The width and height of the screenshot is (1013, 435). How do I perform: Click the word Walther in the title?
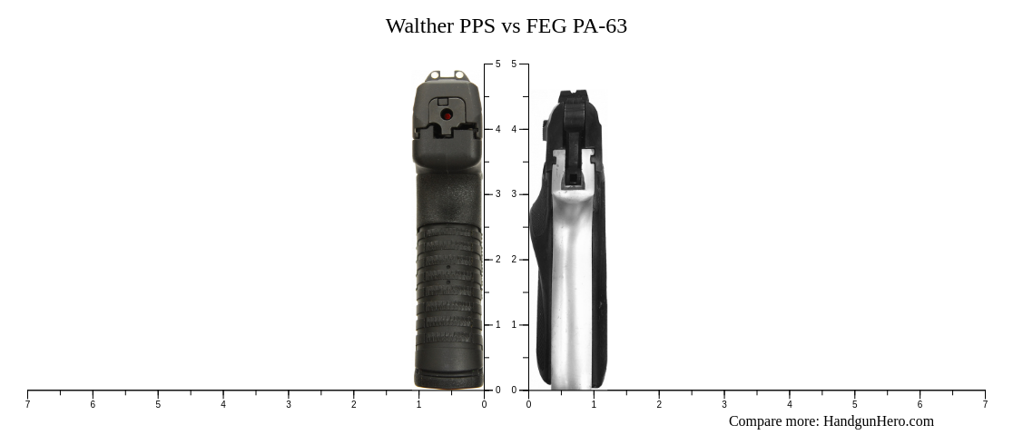419,26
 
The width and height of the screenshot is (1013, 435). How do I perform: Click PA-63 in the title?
599,26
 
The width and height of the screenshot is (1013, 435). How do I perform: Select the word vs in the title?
510,26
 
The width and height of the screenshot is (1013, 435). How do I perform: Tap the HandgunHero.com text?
878,421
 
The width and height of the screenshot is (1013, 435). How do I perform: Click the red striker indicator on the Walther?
447,114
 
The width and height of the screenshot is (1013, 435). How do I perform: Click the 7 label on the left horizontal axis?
27,405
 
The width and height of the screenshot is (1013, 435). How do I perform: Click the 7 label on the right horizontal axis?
985,405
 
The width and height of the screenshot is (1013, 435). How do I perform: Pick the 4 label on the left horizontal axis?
223,405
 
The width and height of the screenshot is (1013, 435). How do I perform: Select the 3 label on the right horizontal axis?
724,405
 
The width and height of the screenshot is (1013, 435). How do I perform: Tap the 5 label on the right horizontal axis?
854,405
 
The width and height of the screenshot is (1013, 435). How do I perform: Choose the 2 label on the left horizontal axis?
354,405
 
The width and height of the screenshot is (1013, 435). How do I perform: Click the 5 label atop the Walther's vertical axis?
497,64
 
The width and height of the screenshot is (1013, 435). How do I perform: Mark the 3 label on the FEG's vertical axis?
514,194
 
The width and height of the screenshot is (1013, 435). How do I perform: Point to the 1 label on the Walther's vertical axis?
497,325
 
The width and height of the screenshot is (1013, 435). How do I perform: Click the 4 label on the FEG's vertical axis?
514,130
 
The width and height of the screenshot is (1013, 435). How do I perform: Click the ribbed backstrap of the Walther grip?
448,291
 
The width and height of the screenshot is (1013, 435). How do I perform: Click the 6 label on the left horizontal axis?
93,405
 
